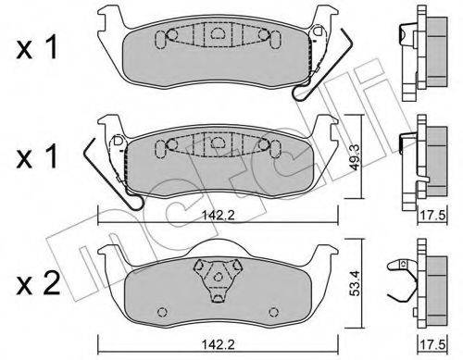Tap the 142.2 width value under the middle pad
pyautogui.click(x=218, y=215)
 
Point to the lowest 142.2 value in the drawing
pyautogui.click(x=218, y=343)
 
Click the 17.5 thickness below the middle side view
pyautogui.click(x=432, y=215)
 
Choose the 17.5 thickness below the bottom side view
pyautogui.click(x=432, y=344)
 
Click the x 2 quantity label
pyautogui.click(x=38, y=283)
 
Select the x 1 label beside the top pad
pyautogui.click(x=37, y=48)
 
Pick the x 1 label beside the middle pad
pyautogui.click(x=37, y=156)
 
